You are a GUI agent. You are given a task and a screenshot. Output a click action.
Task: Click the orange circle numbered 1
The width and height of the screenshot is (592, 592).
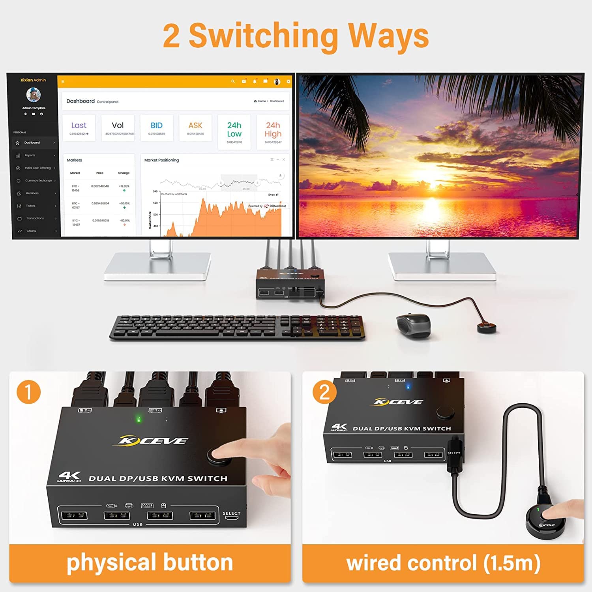coord(28,392)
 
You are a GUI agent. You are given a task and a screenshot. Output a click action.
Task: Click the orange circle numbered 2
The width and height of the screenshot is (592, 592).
coord(324,392)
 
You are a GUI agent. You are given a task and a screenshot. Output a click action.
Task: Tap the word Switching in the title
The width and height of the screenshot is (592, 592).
coord(263,36)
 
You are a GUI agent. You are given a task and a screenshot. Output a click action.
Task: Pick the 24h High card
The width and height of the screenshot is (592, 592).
coord(273,132)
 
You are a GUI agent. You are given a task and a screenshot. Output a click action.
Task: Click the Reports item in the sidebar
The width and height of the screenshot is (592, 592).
coord(30,155)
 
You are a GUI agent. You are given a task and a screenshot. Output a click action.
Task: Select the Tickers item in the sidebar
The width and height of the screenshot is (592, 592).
coord(30,206)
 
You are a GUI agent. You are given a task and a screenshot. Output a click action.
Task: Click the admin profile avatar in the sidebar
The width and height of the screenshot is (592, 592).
coord(34,94)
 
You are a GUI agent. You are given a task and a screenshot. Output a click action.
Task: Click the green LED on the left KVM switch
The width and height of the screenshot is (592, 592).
coord(139,419)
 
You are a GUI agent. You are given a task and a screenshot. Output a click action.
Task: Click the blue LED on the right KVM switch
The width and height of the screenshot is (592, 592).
coord(408,386)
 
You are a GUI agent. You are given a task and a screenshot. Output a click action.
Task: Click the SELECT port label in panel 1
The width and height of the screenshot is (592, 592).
coord(231,513)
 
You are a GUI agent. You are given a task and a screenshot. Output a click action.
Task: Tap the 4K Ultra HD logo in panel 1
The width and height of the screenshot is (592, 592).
coord(69,477)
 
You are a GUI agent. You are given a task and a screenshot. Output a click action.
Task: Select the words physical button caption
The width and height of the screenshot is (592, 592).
coord(150,563)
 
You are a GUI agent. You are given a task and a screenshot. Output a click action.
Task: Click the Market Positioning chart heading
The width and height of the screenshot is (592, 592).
coord(161,160)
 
